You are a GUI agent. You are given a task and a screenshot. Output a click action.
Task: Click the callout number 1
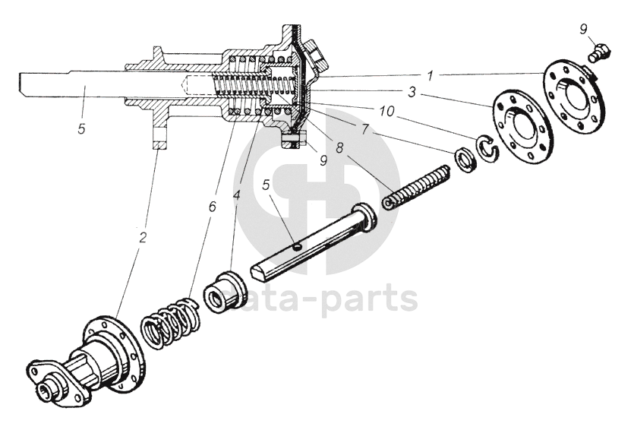[429, 76]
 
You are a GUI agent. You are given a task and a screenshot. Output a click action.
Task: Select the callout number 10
[387, 112]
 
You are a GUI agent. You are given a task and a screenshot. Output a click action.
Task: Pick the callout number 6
[213, 205]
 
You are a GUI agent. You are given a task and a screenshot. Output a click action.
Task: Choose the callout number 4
[237, 195]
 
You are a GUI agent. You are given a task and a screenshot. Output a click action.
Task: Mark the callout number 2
[143, 236]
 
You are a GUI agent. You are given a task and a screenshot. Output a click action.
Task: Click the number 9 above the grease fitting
[584, 30]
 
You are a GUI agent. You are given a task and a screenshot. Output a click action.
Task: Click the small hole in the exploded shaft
[299, 245]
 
